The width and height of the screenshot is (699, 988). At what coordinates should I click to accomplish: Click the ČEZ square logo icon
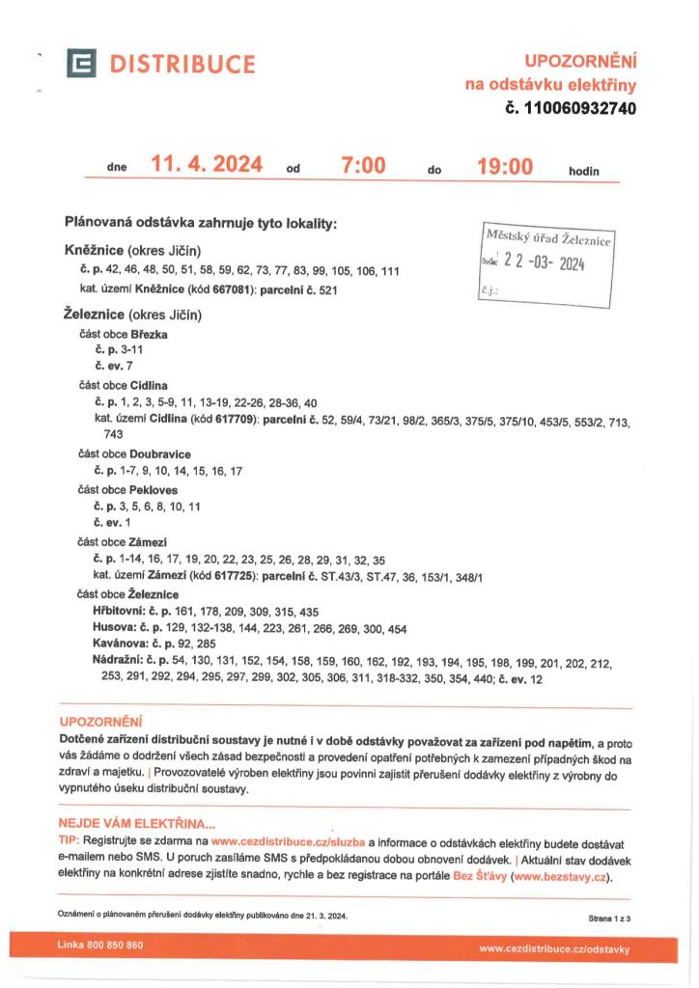pos(82,65)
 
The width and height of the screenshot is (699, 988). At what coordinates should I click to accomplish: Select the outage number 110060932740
pos(579,109)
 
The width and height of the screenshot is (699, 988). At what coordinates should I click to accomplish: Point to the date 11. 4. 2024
pos(207,166)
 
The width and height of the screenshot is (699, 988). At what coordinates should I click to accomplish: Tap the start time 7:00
pos(363,166)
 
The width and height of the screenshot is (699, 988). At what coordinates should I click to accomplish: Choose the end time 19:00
pos(505,166)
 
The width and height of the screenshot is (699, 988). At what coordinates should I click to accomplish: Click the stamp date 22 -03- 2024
pos(546,263)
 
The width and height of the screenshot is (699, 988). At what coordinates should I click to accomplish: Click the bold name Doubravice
pos(160,453)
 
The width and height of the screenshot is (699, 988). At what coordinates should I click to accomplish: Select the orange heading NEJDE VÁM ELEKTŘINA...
pos(137,823)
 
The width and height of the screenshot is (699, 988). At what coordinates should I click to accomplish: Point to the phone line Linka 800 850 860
pos(100,945)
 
